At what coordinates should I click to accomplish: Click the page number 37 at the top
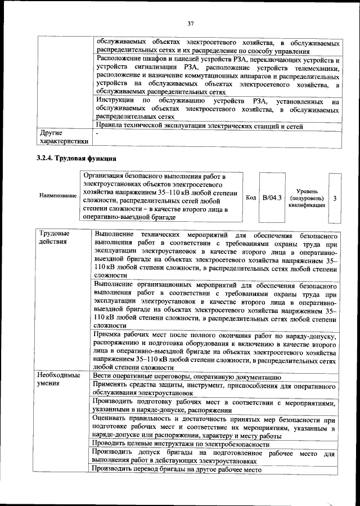tap(191, 23)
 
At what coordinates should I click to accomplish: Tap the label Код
tap(251, 198)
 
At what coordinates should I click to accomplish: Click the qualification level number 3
tap(335, 199)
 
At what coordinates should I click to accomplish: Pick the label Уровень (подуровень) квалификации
tap(307, 199)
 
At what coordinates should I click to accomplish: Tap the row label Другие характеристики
tap(63, 138)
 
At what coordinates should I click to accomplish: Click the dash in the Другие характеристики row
tap(97, 135)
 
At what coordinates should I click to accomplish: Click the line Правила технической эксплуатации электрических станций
tap(200, 126)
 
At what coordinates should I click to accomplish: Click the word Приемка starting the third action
tap(109, 336)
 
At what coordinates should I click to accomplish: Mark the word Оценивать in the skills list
tap(113, 420)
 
